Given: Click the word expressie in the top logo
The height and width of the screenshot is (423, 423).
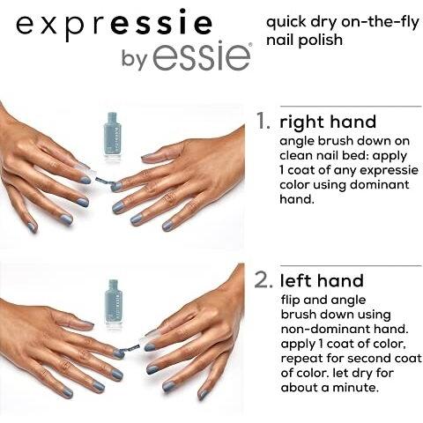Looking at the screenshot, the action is point(114,24).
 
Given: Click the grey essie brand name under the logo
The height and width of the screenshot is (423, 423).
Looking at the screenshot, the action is point(203,56).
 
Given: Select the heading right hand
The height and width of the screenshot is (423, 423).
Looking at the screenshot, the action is point(328,122).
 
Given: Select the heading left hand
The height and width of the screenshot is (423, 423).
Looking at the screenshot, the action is point(322,280).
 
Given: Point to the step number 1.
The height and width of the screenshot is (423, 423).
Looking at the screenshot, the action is point(263,121).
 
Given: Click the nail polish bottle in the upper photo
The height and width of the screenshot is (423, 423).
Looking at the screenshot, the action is point(112,137).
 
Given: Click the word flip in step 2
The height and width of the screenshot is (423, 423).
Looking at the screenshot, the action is point(291,301).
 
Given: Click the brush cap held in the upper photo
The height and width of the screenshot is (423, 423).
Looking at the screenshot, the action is point(85,169).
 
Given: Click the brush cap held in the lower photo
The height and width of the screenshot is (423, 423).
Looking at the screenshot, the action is point(147,338).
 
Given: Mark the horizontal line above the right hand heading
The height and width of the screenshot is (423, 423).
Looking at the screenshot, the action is point(351,106).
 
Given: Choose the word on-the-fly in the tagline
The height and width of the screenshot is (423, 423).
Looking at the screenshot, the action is point(380,23).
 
